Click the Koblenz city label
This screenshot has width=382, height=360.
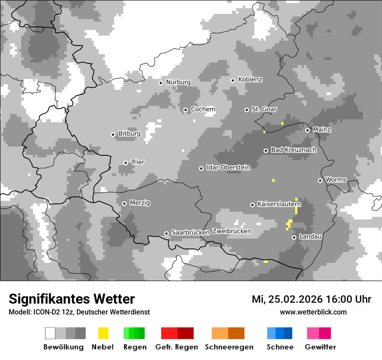250,80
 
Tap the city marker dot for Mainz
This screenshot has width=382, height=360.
307,130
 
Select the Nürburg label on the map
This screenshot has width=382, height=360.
178,82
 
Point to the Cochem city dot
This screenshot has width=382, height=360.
185,110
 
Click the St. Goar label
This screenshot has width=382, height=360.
264,109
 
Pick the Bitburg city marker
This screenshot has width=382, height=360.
113,134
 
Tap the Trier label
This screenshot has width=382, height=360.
138,162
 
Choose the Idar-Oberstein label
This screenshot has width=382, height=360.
228,168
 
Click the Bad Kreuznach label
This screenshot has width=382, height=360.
293,150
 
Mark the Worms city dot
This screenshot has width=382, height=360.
320,180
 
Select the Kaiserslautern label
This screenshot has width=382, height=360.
279,204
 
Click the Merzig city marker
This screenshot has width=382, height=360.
124,203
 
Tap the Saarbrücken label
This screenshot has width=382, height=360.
191,233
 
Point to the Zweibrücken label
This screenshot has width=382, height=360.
231,231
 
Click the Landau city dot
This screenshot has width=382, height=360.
294,237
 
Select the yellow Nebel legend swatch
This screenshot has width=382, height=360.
103,333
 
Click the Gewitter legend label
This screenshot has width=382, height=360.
320,347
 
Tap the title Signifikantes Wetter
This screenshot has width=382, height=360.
72,299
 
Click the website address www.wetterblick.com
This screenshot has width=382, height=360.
313,312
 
